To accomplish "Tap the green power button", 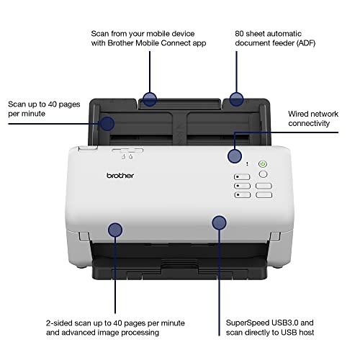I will (262, 164).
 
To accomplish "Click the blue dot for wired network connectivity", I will (235, 156).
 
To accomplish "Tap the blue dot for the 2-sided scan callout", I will (114, 230).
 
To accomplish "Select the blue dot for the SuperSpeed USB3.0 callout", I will (218, 222).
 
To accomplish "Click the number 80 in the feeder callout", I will (241, 34).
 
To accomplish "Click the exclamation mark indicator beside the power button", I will (247, 164).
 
